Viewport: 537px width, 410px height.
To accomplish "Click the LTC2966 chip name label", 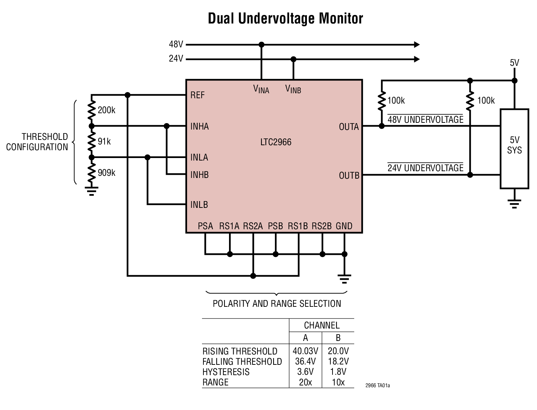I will [276, 142].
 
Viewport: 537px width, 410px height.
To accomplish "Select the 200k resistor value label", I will [106, 110].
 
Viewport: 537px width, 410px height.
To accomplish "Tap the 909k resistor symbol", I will [92, 173].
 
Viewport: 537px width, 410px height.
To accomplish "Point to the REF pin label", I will [197, 95].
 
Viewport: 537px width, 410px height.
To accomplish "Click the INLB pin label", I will [199, 205].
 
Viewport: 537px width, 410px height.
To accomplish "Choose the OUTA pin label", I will [349, 127].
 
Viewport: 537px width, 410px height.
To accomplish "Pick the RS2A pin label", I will [253, 226].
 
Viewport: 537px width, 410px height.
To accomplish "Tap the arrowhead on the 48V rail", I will [416, 44].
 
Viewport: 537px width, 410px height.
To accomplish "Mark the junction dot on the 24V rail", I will [293, 59].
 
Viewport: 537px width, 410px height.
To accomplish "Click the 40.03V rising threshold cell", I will [305, 351].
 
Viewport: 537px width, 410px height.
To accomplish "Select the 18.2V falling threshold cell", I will [338, 361].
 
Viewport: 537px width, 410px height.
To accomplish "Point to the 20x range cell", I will [305, 382].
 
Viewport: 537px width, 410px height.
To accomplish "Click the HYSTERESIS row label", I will [226, 372].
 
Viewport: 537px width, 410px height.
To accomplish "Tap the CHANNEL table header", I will [321, 325].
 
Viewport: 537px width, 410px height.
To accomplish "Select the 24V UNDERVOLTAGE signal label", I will [425, 168].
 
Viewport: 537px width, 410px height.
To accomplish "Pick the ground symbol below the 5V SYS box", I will [514, 204].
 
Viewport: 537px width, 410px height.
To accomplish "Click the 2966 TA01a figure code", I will [377, 385].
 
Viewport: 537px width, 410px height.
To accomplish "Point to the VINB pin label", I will [293, 89].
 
